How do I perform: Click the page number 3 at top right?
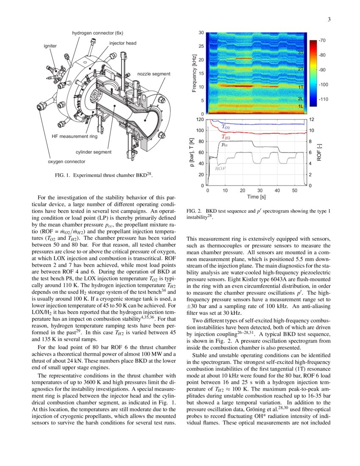tap(329, 19)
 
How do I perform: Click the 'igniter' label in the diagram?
tap(50, 45)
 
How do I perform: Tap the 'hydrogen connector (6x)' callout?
tap(97, 33)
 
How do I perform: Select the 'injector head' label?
tap(123, 43)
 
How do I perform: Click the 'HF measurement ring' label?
tap(75, 137)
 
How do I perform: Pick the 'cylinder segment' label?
tap(94, 152)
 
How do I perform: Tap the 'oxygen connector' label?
tap(66, 161)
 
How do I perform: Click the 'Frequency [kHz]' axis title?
tap(194, 73)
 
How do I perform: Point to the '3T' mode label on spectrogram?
tap(301, 53)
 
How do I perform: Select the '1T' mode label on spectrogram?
tap(301, 86)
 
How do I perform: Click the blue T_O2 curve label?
tap(226, 127)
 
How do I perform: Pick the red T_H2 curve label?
tap(226, 137)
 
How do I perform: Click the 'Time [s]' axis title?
tap(257, 197)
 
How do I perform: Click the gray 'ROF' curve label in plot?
tap(220, 168)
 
